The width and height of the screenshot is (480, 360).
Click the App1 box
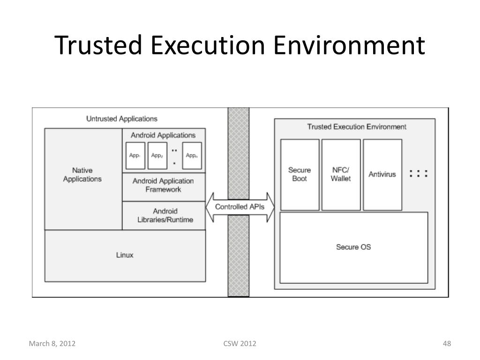(x=135, y=156)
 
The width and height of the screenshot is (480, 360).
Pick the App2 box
(x=157, y=156)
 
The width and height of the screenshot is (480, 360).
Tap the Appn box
(x=191, y=156)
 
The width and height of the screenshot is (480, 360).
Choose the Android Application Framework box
(x=163, y=185)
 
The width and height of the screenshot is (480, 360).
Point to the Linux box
(x=125, y=255)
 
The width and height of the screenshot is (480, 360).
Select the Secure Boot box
(x=300, y=174)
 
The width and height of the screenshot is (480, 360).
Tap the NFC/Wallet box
(x=341, y=174)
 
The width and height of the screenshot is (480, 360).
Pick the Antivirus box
(x=382, y=174)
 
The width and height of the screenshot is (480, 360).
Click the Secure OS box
(x=353, y=247)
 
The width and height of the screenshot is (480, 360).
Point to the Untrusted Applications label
(x=122, y=119)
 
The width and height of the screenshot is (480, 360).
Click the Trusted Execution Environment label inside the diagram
(x=357, y=127)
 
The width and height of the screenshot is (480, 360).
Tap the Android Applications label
(x=163, y=135)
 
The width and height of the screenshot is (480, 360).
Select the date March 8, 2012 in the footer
(x=52, y=344)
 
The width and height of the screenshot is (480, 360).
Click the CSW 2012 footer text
(x=240, y=344)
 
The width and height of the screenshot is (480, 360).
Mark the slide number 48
(x=447, y=344)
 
